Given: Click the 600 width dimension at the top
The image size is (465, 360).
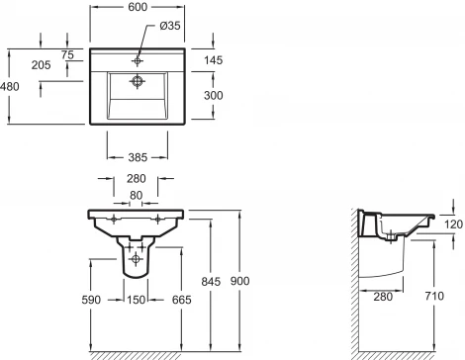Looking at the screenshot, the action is click(138, 7).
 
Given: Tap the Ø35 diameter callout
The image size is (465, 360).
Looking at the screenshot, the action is click(170, 26).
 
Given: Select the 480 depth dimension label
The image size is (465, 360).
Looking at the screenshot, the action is click(10, 87).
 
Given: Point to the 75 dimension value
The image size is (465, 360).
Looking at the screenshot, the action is click(67, 54).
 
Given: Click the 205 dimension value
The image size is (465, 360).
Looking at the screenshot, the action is click(41, 65).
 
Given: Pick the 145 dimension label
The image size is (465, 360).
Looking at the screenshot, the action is click(214, 60).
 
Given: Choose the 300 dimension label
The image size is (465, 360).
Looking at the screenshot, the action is click(214, 96).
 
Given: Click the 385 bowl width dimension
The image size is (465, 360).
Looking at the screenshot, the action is click(138, 157).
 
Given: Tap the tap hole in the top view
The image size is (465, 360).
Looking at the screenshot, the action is click(138, 61).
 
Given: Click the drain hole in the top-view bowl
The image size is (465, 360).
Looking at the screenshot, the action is click(138, 81).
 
